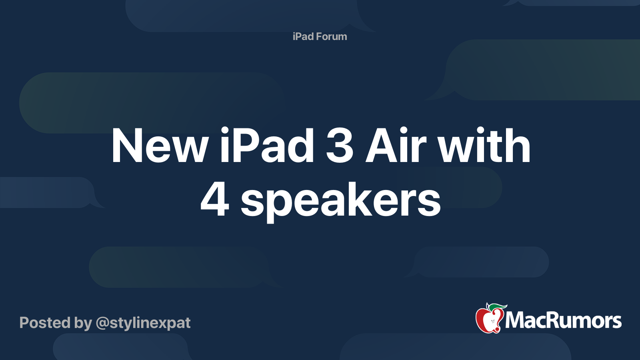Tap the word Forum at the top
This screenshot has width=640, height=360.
331,36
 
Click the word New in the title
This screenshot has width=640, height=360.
160,146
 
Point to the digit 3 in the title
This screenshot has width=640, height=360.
340,146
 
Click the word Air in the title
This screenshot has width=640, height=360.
396,146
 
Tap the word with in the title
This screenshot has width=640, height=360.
484,146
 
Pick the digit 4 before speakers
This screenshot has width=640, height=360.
215,200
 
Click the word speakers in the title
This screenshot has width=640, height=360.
340,202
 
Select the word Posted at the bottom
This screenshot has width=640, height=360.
45,323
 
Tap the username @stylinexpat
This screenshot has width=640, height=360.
143,323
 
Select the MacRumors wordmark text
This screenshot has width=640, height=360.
563,321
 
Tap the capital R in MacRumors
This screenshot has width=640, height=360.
551,321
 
